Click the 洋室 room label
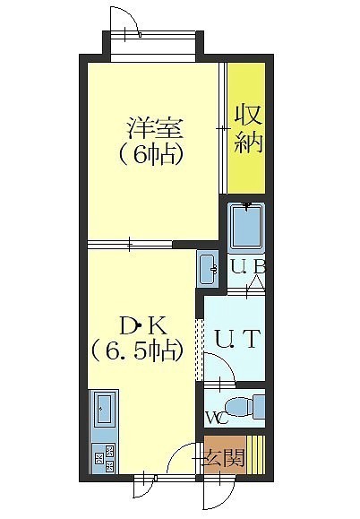[155, 128]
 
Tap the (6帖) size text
[151, 154]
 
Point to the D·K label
[143, 326]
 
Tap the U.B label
[248, 267]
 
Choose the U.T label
[236, 338]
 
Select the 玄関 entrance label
[225, 458]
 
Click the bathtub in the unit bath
[246, 226]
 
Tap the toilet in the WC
[244, 406]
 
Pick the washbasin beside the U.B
[209, 269]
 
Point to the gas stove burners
[104, 459]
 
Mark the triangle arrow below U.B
[256, 283]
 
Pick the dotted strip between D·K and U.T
[199, 350]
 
